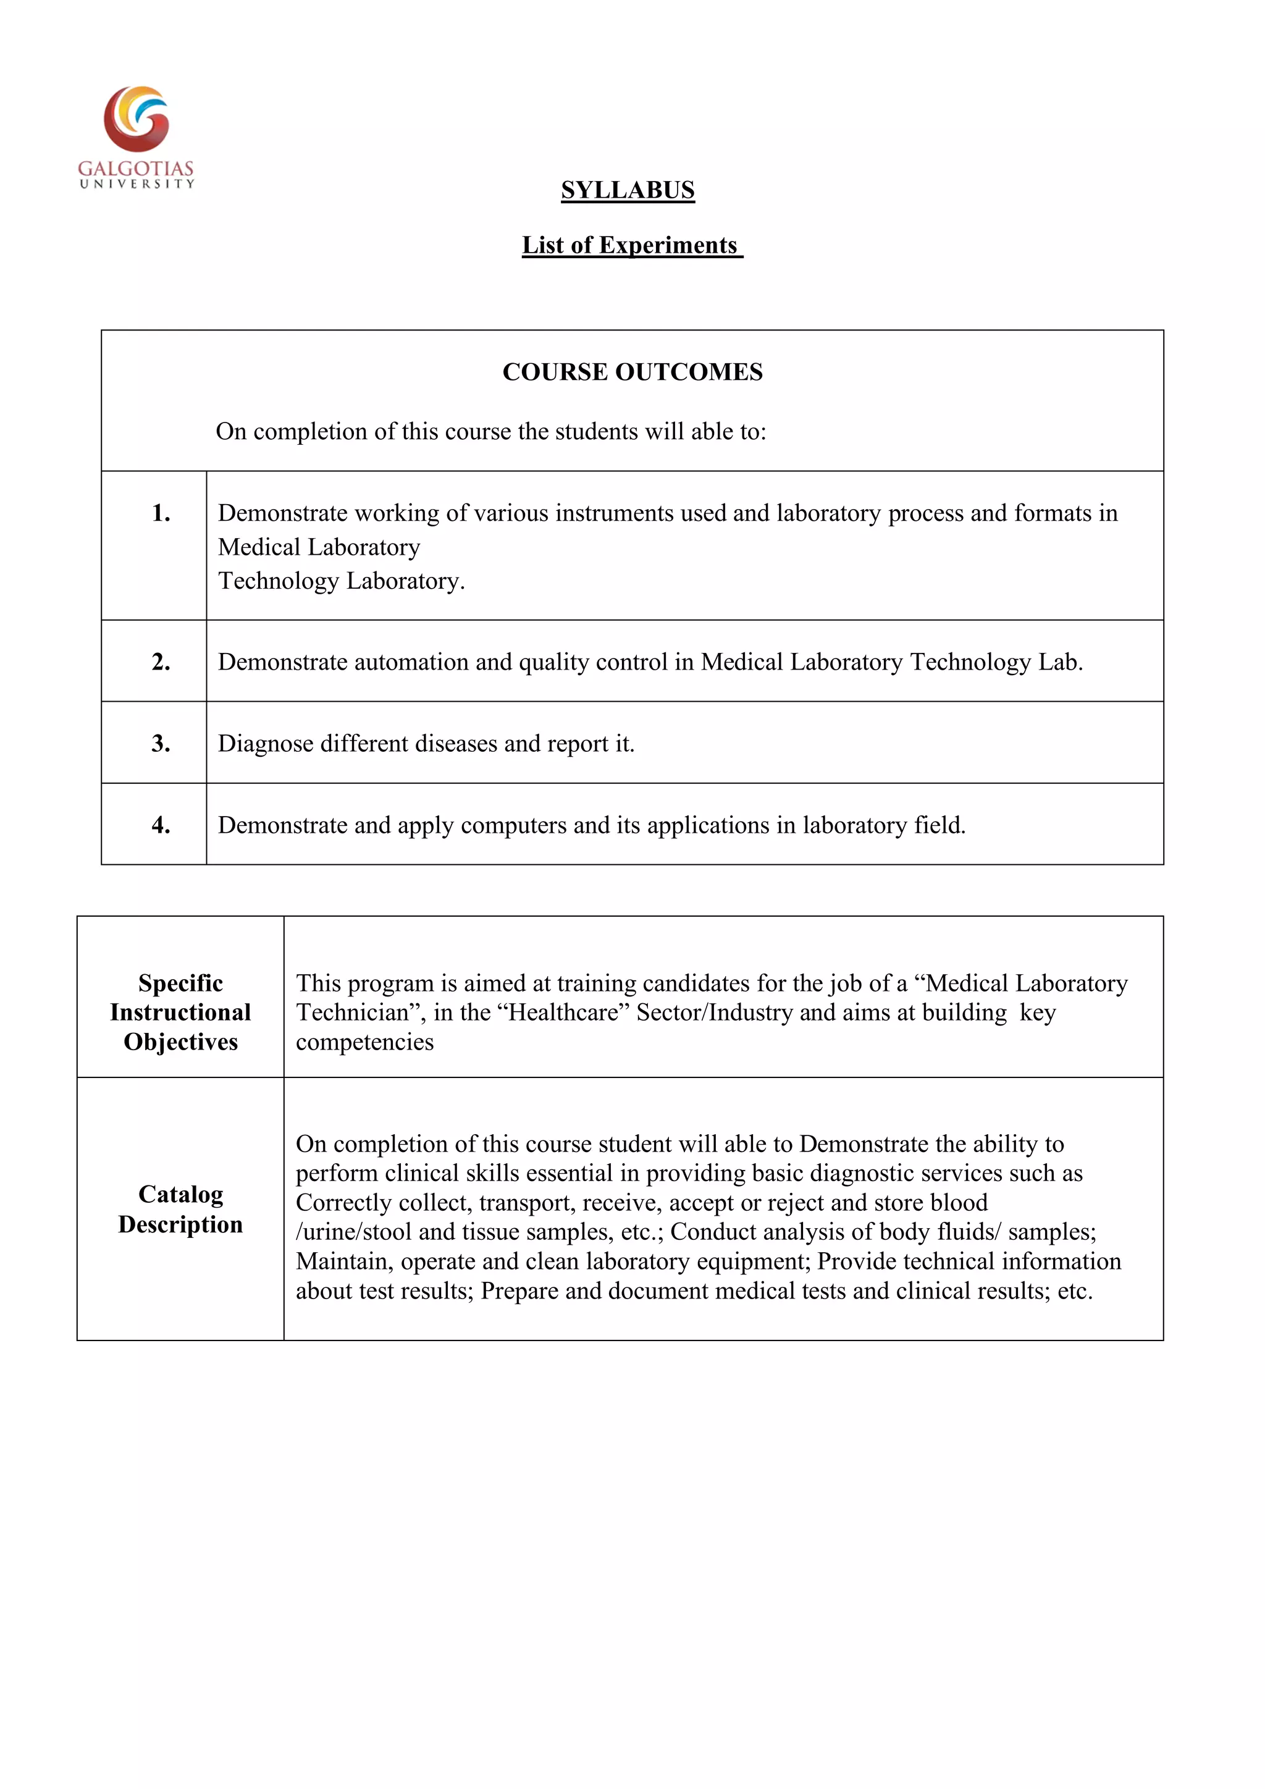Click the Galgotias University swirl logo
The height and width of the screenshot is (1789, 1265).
pos(137,119)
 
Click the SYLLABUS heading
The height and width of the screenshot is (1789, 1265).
pos(627,190)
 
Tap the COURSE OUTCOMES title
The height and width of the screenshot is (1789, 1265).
pos(632,372)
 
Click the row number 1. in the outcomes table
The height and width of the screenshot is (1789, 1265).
pos(161,513)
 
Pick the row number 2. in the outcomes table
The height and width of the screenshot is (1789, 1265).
pos(161,662)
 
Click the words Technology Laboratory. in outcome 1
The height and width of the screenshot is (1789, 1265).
pos(340,581)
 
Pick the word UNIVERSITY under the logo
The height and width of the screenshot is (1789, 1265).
pos(137,184)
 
